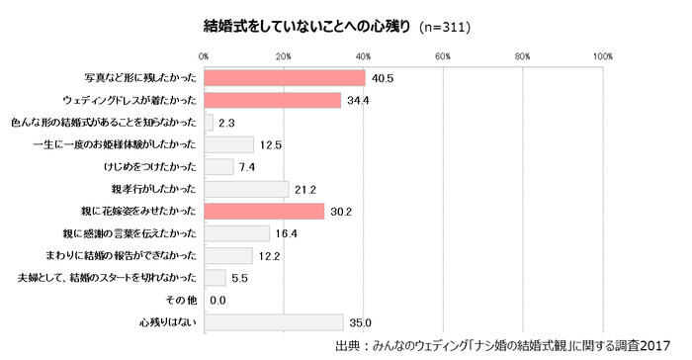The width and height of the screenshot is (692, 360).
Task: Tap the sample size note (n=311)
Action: tap(445, 27)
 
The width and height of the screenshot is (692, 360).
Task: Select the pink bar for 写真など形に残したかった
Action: tap(285, 78)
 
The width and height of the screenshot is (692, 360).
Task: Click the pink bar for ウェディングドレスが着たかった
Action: tap(273, 101)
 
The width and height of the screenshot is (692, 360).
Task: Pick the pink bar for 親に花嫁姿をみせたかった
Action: tap(264, 211)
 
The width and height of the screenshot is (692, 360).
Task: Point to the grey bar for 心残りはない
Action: tap(274, 321)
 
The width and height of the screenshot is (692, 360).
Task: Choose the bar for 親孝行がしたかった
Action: tap(246, 189)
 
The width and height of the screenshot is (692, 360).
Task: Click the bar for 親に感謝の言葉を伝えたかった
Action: tap(236, 233)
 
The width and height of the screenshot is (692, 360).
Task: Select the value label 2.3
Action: tap(225, 123)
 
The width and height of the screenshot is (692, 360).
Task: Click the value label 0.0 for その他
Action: tap(218, 300)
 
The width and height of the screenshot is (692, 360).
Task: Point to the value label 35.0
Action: tap(360, 321)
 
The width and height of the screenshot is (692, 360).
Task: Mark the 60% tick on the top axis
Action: tap(443, 55)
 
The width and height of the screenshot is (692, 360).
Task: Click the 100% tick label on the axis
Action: tap(603, 55)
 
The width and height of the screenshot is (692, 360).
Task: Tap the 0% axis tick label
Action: tap(204, 55)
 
